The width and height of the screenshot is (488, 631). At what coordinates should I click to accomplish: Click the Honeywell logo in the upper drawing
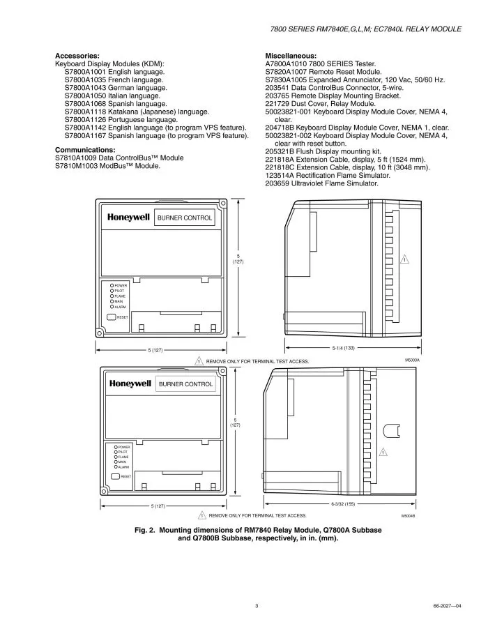tap(129, 218)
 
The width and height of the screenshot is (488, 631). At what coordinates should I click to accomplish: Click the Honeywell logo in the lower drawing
tap(130, 383)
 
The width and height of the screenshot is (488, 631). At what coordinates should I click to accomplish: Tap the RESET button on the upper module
tap(112, 317)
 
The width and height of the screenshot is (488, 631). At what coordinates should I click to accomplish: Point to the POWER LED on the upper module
tap(111, 285)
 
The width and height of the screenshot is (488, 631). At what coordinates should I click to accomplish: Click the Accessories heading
tap(77, 54)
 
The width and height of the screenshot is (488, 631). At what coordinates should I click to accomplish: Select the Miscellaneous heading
tap(291, 54)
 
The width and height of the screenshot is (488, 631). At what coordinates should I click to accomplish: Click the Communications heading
tap(85, 150)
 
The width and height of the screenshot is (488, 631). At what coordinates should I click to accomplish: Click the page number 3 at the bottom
tap(257, 606)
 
